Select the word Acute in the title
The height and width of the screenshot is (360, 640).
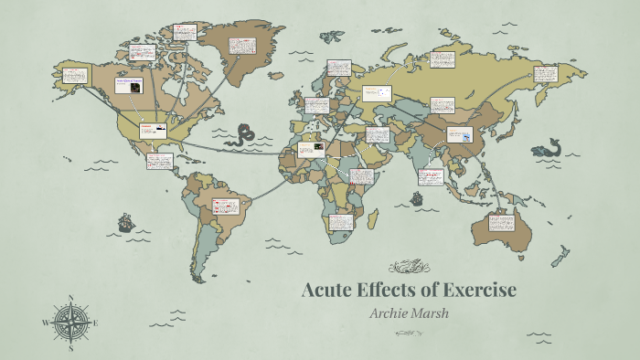pos(328,291)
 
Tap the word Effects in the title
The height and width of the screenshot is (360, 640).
pos(389,291)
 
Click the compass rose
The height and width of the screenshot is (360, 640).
pos(70,323)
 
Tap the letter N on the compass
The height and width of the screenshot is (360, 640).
pos(70,298)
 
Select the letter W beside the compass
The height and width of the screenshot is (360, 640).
pos(45,323)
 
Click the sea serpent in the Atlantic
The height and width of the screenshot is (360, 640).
pos(242,136)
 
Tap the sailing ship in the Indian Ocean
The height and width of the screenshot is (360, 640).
pos(417,196)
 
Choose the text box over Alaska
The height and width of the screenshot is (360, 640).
pos(74,76)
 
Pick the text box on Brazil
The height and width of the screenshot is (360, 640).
pos(223,207)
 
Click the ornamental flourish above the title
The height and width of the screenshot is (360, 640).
pos(409,268)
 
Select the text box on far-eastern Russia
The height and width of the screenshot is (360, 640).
pos(545,73)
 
